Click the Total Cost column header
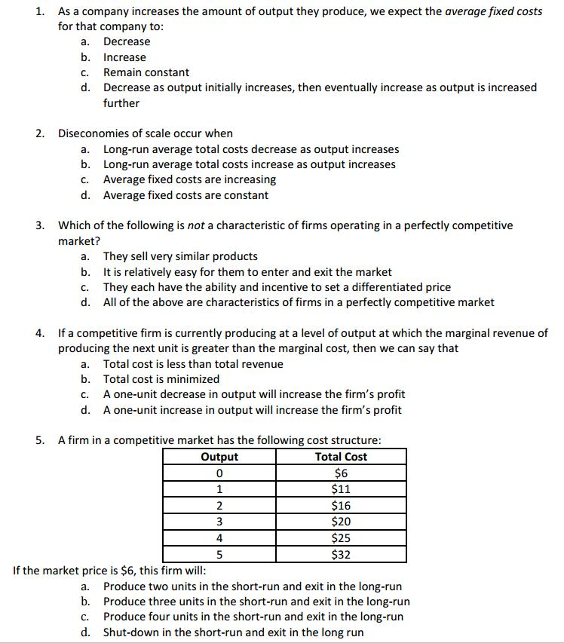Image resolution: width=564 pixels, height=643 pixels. [341, 457]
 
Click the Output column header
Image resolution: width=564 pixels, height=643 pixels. [219, 457]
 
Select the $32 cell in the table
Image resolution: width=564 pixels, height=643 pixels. [341, 555]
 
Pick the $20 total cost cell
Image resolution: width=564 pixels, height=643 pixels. [341, 522]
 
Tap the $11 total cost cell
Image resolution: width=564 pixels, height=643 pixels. [341, 489]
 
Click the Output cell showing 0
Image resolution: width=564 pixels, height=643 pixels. [219, 473]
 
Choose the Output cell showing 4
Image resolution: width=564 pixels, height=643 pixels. [219, 538]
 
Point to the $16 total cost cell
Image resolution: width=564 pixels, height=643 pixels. [341, 506]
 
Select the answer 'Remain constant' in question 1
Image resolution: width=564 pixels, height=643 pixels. [146, 72]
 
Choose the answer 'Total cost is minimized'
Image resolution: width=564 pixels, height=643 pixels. [161, 379]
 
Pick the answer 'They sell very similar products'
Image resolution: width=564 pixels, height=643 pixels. [180, 256]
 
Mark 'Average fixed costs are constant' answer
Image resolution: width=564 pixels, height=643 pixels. [185, 195]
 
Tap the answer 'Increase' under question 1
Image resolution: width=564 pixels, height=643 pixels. [124, 57]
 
